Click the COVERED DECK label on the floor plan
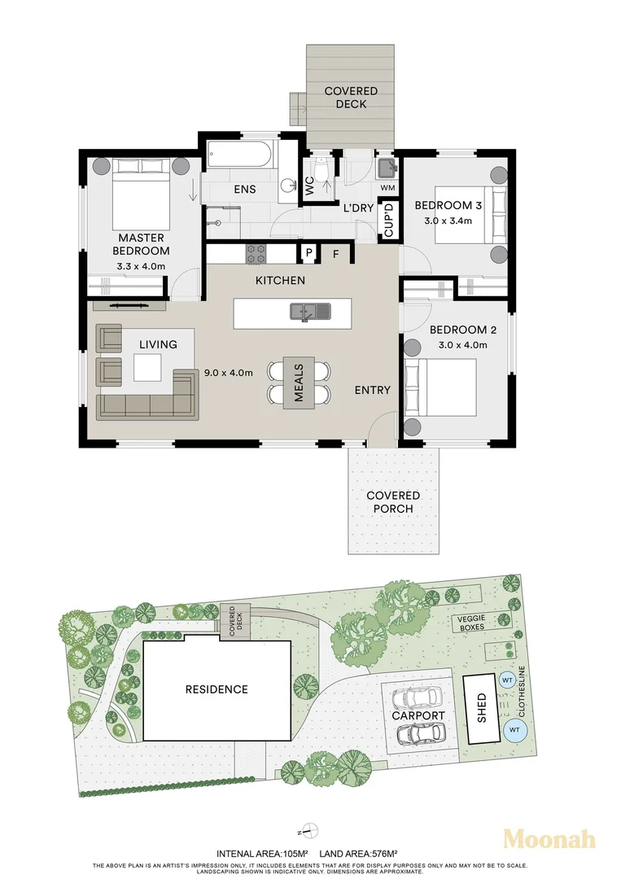coord(351,98)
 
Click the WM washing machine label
coord(387,189)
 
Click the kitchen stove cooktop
coord(256,253)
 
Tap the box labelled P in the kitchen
coord(309,254)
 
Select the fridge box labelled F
coord(335,254)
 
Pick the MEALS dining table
coord(299,383)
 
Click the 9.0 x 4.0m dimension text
coord(229,374)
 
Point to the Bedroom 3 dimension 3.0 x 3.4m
coord(453,221)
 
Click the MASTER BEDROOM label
coord(141,244)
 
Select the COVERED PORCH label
coord(393,502)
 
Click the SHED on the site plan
coord(481,708)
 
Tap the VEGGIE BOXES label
coord(470,623)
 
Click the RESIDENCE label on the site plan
coord(216,689)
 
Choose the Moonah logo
coord(549,838)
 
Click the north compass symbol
coord(308,831)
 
